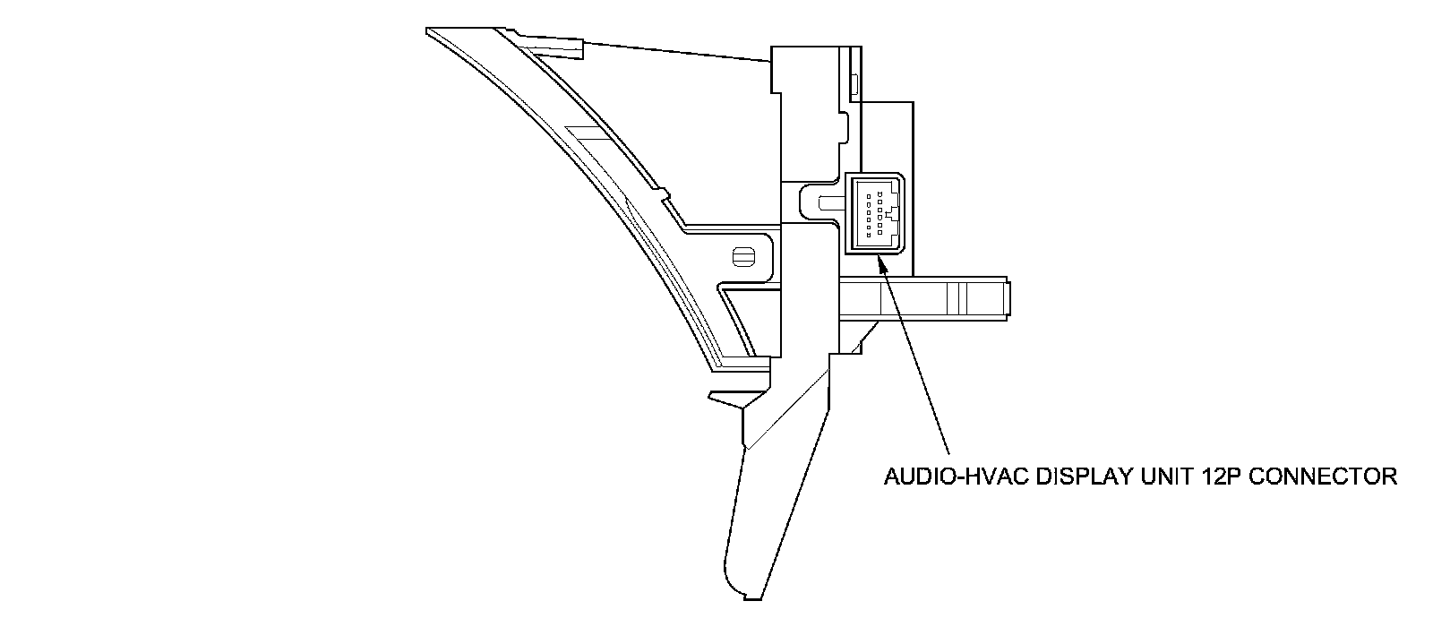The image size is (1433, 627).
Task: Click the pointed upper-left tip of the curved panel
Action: point(430,31)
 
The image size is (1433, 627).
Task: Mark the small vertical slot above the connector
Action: point(854,85)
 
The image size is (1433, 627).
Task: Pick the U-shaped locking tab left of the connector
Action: point(819,200)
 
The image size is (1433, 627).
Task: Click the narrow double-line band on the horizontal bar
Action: point(955,297)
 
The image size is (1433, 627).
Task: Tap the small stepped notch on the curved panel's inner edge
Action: point(664,192)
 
